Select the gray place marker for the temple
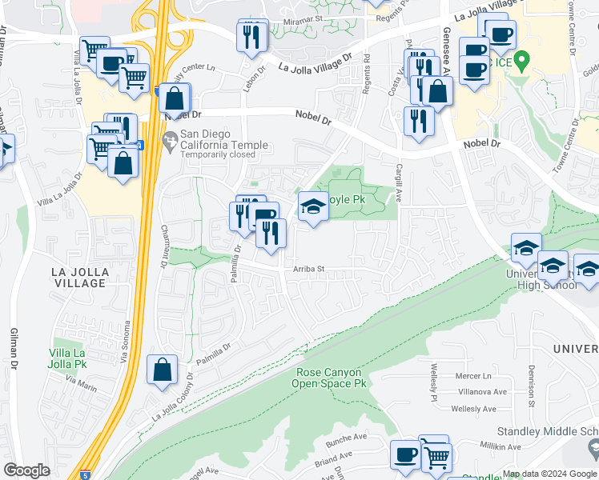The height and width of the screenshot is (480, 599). click(x=169, y=142)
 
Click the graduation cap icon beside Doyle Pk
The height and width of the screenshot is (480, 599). click(x=313, y=207)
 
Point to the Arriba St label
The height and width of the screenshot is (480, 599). click(x=308, y=270)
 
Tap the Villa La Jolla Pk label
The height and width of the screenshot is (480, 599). click(x=79, y=358)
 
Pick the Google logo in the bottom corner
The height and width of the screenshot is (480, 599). click(x=26, y=470)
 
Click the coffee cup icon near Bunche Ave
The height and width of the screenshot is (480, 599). click(x=405, y=454)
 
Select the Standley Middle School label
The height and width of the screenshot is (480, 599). click(x=547, y=432)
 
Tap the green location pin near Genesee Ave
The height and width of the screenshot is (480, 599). click(x=522, y=60)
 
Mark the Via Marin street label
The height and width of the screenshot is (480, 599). click(x=81, y=388)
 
